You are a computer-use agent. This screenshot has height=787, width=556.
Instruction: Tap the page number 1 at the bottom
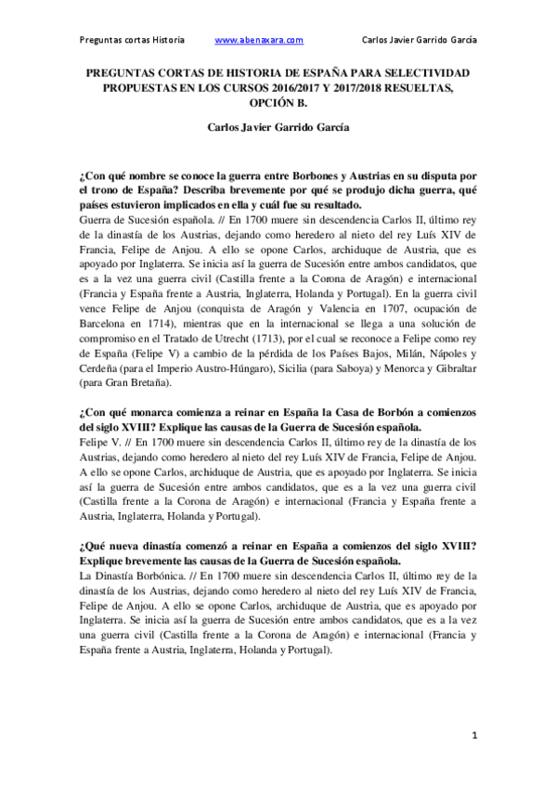tap(473, 735)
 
